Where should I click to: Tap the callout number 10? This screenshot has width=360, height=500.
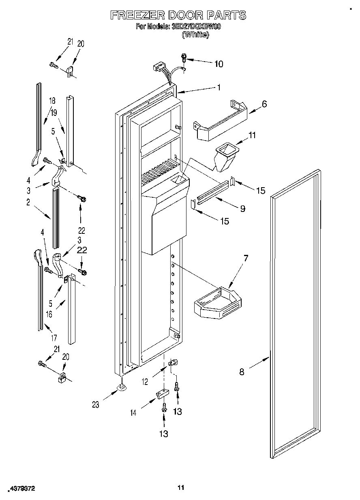(x=218, y=64)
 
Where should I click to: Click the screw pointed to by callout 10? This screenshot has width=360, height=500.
(x=183, y=58)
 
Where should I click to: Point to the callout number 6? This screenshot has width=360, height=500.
(x=264, y=104)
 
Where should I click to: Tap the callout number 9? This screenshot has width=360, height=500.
(x=242, y=209)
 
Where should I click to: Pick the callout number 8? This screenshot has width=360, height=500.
(x=242, y=372)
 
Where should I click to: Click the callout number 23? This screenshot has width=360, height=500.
(x=96, y=404)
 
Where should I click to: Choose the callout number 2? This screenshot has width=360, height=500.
(x=28, y=203)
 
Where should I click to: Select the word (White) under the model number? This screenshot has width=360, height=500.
(x=195, y=35)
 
